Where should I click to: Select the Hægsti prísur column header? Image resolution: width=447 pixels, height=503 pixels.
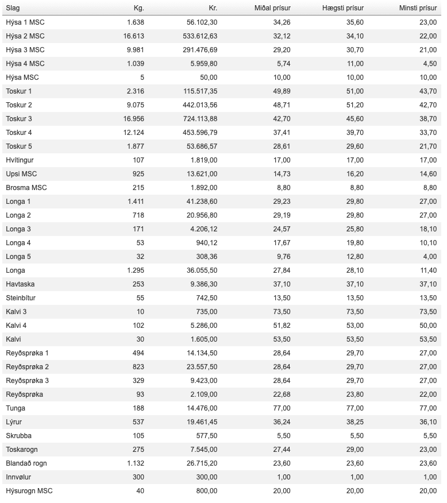(x=343, y=8)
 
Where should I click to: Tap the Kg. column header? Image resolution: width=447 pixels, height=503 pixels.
(x=138, y=8)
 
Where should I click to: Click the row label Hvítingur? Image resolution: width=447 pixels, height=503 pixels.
(x=20, y=160)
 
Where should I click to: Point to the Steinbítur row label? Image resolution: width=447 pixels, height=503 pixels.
(x=21, y=298)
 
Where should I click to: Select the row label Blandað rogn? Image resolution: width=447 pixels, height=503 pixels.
(x=26, y=463)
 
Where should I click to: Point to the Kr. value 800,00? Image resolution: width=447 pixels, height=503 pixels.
(x=206, y=491)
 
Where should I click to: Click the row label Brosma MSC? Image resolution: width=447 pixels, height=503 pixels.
(x=22, y=188)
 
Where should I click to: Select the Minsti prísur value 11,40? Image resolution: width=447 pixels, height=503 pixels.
(x=427, y=270)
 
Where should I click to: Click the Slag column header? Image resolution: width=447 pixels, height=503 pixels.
(x=13, y=8)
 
